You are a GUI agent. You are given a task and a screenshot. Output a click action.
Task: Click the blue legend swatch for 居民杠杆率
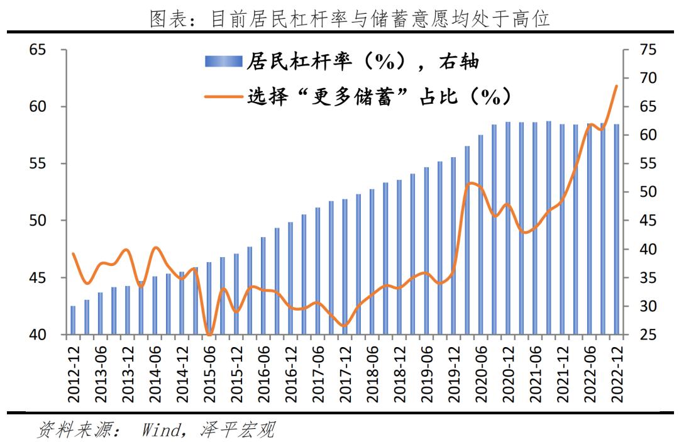point(223,62)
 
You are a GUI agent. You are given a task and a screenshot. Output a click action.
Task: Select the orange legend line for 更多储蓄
point(223,97)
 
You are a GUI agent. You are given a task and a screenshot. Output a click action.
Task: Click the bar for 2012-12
point(73,321)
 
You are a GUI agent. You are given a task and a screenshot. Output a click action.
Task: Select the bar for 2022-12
point(617,229)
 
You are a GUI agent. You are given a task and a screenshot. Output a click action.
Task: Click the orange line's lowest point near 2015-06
point(209,333)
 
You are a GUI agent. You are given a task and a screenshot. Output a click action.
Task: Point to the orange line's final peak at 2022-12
point(617,86)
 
